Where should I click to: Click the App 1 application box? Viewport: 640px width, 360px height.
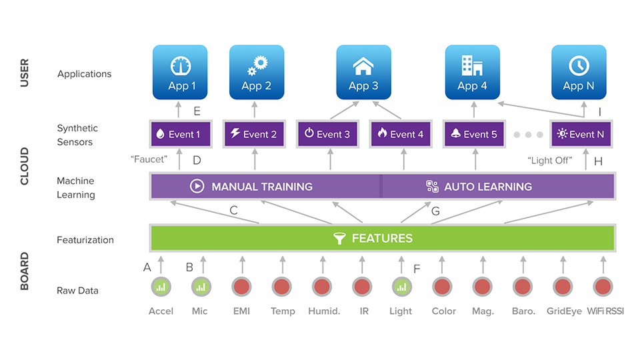179,72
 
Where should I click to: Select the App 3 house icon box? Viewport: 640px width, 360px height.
363,72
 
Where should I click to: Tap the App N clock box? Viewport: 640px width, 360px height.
578,72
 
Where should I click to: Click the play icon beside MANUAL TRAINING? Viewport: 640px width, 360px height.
197,187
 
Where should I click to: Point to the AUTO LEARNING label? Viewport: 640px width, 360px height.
488,187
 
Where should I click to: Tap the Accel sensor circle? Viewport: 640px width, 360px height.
161,287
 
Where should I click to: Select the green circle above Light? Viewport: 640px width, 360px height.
401,287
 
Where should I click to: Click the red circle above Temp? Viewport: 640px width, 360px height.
281,287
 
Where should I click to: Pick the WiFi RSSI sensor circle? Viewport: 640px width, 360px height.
603,287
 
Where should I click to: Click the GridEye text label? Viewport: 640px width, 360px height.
564,311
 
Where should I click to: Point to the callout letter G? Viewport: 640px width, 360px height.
436,211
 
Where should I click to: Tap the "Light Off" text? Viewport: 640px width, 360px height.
550,161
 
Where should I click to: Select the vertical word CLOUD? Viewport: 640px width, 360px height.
25,166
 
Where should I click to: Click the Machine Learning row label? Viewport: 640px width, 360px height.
76,188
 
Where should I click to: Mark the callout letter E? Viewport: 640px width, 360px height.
197,111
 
